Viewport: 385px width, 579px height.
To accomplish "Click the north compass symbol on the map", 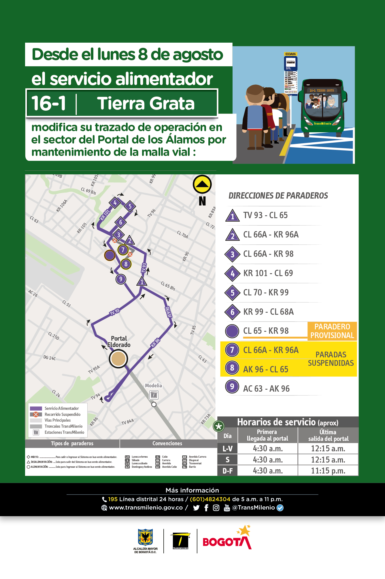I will pos(202,184).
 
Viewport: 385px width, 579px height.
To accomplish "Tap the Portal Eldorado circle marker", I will pos(118,359).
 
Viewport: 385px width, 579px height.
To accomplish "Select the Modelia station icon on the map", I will pos(154,395).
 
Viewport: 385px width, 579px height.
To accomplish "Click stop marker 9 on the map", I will pos(121,279).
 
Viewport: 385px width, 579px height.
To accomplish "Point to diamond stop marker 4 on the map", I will pos(115,203).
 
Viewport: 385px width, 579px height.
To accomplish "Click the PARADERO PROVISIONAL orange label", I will pos(332,331).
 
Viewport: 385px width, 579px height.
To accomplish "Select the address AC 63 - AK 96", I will pos(266,389).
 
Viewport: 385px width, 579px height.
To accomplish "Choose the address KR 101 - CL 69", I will pos(268,273).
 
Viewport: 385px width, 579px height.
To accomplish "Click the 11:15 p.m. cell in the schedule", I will pos(328,471).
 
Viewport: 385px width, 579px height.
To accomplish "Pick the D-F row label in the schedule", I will pos(227,471).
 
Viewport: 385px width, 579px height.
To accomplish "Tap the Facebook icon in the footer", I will pos(206,508).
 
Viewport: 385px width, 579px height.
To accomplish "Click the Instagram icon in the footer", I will pos(216,508).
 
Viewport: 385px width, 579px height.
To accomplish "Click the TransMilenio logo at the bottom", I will pos(180,541).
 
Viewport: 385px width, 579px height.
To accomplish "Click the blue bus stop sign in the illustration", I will pos(290,63).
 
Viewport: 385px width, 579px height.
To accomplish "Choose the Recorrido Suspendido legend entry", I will pos(62,414).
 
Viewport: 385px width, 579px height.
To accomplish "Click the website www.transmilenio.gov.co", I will pos(146,508).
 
